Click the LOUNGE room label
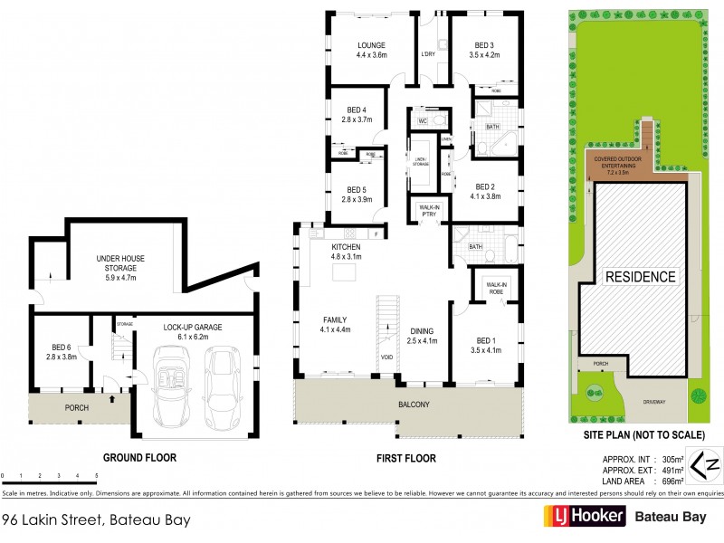(371, 45)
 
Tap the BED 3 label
(484, 45)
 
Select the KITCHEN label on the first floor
(347, 247)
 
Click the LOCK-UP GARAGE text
(193, 327)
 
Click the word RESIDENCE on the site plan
(640, 276)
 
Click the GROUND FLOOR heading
(138, 458)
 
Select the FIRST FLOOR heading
(406, 458)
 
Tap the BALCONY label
(412, 405)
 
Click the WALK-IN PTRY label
(429, 211)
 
